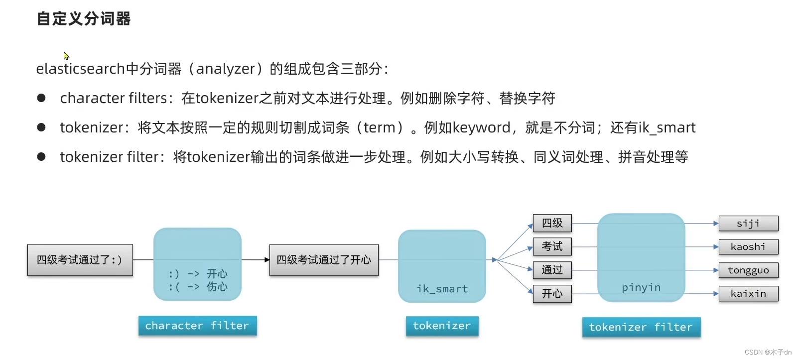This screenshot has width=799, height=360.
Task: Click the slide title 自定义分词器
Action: coord(84,19)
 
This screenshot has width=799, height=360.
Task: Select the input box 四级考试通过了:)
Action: coord(80,259)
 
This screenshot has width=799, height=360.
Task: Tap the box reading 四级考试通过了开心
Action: coord(324,259)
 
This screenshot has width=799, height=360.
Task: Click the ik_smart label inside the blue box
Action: coord(442,289)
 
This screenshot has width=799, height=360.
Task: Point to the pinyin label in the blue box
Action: coord(641,287)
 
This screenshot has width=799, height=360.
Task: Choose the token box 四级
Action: coord(552,223)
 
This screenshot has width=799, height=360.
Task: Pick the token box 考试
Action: coord(552,246)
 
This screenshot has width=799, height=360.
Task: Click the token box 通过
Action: coord(552,270)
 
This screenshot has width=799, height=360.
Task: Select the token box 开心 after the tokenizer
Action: coord(552,294)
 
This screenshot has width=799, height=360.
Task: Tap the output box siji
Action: coord(748,224)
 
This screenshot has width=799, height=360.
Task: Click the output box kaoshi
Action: coord(748,247)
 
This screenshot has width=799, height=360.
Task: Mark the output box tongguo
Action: coord(748,270)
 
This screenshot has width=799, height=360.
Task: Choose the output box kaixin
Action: coord(748,294)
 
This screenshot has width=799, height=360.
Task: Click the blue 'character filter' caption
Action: coord(197,326)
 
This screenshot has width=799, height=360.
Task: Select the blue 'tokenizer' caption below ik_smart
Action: coord(442,326)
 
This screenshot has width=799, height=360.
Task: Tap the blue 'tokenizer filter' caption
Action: coord(641,327)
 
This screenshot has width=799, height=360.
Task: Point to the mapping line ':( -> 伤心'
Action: coord(198,287)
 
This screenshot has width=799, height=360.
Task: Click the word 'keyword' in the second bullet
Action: coord(481,128)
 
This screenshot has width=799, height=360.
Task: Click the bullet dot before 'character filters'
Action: coord(41,98)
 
